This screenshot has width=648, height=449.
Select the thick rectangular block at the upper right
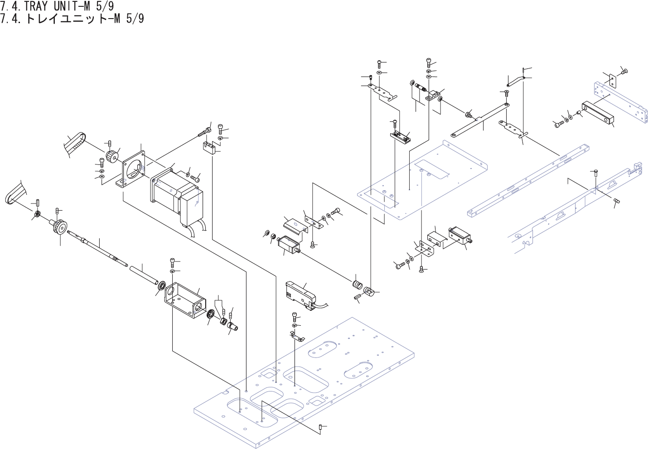point(599,113)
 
